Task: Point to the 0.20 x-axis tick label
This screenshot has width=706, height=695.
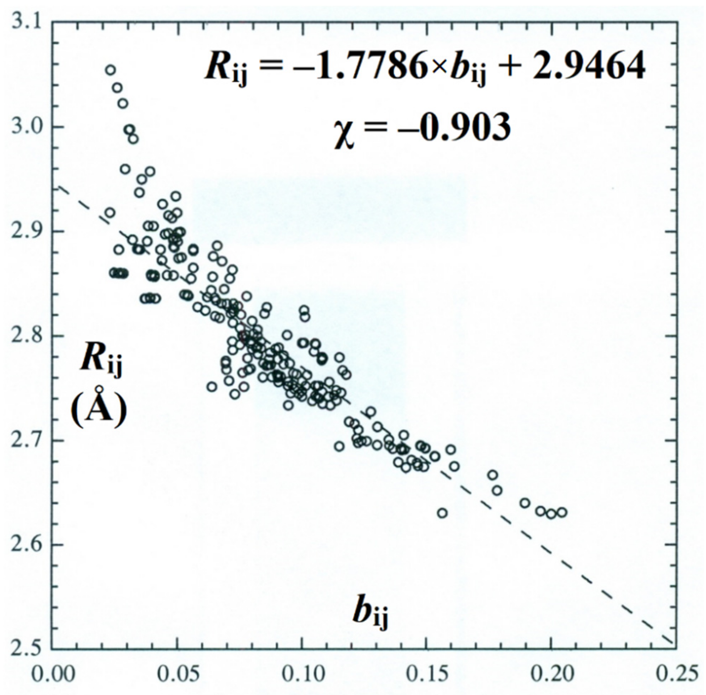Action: [551, 675]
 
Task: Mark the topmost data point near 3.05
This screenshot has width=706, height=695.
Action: [110, 70]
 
